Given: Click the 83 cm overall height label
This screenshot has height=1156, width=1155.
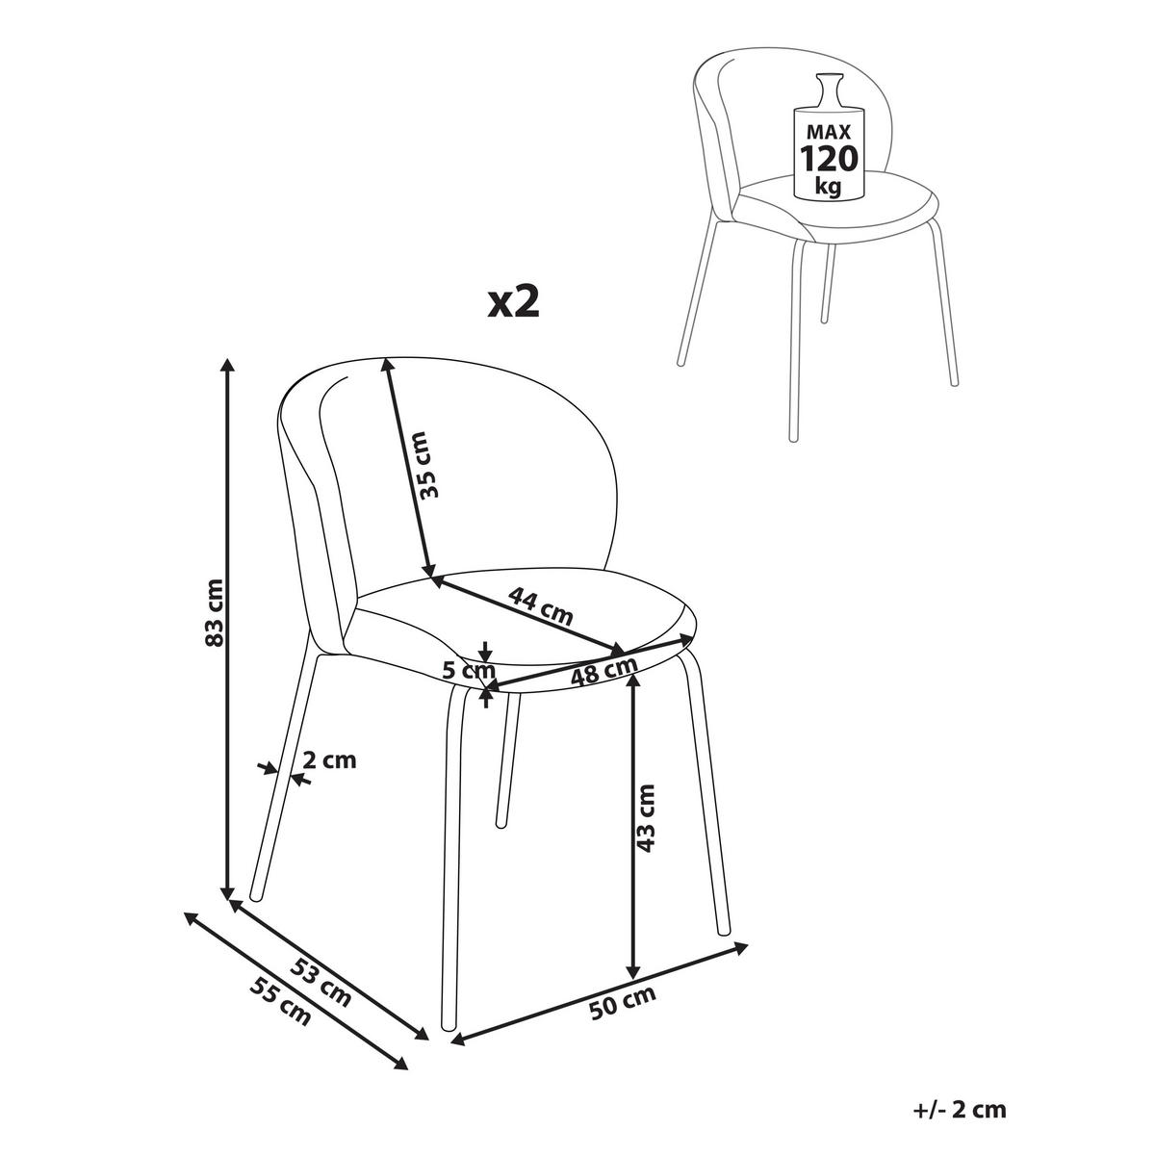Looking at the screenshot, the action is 215,612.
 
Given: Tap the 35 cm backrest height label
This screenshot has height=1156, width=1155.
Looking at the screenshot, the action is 429,466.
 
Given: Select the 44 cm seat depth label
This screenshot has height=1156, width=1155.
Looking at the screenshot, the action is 540,605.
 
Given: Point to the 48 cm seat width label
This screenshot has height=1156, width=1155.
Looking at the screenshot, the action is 603,672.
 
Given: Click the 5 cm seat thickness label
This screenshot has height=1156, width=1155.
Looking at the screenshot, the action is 468,670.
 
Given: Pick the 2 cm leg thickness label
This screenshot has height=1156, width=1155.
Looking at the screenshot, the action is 329,760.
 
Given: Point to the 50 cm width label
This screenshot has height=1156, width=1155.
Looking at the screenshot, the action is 622,1002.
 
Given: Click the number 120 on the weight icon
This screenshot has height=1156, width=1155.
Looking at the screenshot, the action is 829,159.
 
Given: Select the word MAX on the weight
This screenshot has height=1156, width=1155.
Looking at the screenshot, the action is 829,131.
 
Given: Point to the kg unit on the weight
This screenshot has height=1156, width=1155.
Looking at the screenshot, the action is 829,187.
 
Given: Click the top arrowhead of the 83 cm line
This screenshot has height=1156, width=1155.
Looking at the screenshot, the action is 227,365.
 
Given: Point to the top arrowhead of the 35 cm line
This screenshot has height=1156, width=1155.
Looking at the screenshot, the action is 387,365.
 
